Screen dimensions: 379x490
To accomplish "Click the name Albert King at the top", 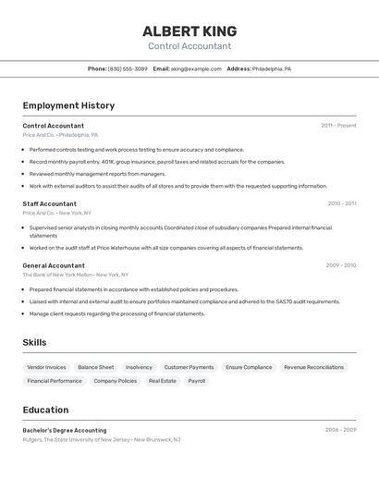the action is pyautogui.click(x=189, y=31).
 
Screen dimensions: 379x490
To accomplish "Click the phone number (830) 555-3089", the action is pyautogui.click(x=128, y=68).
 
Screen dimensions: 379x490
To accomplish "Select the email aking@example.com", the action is pyautogui.click(x=196, y=68).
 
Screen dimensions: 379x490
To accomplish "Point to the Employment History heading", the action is pyautogui.click(x=68, y=105).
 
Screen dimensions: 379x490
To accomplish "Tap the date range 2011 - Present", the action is pyautogui.click(x=338, y=126).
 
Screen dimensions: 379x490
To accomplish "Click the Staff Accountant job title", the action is pyautogui.click(x=49, y=203).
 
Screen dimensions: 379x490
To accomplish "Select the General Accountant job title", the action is pyautogui.click(x=54, y=265).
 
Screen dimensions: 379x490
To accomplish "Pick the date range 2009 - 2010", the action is pyautogui.click(x=340, y=265).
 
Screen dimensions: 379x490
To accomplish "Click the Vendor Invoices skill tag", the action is pyautogui.click(x=46, y=367).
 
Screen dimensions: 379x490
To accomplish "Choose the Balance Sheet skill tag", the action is pyautogui.click(x=95, y=367).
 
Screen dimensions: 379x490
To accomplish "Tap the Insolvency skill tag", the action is pyautogui.click(x=139, y=367).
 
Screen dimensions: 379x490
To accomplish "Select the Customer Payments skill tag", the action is pyautogui.click(x=189, y=367).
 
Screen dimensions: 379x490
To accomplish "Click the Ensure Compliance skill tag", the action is pyautogui.click(x=249, y=367).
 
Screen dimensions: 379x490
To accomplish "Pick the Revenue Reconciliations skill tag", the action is pyautogui.click(x=313, y=367).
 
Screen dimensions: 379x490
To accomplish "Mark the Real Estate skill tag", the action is pyautogui.click(x=162, y=381).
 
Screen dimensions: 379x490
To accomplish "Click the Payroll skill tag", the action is pyautogui.click(x=197, y=381).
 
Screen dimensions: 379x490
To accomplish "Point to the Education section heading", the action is pyautogui.click(x=45, y=410).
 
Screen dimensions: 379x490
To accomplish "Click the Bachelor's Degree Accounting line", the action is pyautogui.click(x=65, y=430).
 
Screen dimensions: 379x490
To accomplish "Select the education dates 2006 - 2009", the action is pyautogui.click(x=340, y=430).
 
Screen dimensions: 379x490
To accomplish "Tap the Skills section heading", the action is pyautogui.click(x=34, y=342).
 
